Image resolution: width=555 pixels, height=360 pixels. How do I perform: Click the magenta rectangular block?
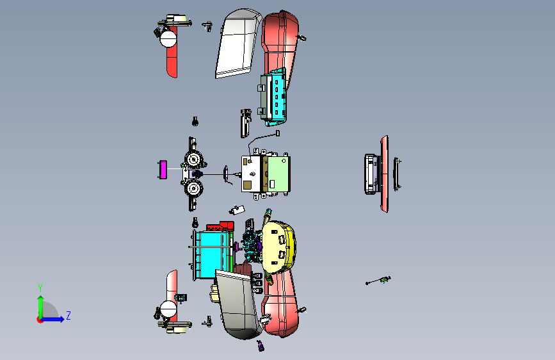click(163, 170)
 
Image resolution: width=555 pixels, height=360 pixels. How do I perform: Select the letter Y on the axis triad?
click(40, 288)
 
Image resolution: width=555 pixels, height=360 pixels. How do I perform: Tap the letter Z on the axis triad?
click(68, 316)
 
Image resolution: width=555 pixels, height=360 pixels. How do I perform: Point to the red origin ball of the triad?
click(40, 319)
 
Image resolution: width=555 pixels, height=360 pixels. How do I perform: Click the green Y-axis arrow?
click(40, 304)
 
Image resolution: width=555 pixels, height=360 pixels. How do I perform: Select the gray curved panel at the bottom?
click(238, 304)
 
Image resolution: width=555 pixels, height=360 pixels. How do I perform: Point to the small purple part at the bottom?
click(261, 347)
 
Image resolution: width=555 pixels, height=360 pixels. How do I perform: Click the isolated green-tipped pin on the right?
click(380, 281)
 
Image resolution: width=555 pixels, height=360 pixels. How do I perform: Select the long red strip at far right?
click(384, 173)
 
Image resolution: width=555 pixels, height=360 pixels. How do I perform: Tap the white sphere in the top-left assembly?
click(169, 39)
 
